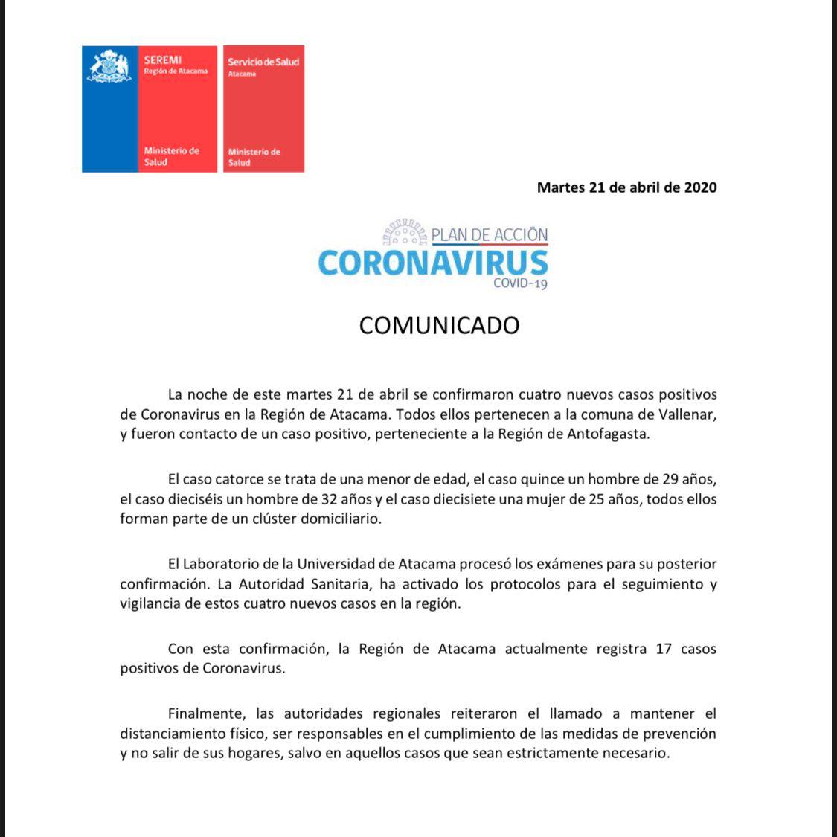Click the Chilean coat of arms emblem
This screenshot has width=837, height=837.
click(109, 67)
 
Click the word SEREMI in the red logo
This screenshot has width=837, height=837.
click(163, 60)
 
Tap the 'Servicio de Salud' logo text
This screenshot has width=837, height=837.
click(263, 62)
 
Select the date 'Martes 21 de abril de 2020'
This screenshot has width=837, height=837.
click(626, 187)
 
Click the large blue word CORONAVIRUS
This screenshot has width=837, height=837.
click(433, 263)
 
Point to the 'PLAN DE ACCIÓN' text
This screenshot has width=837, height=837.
click(489, 235)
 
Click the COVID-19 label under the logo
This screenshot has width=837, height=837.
click(520, 283)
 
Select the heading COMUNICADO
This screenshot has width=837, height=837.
click(439, 326)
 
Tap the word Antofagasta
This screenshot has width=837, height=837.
click(608, 434)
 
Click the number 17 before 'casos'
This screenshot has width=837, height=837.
click(664, 649)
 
